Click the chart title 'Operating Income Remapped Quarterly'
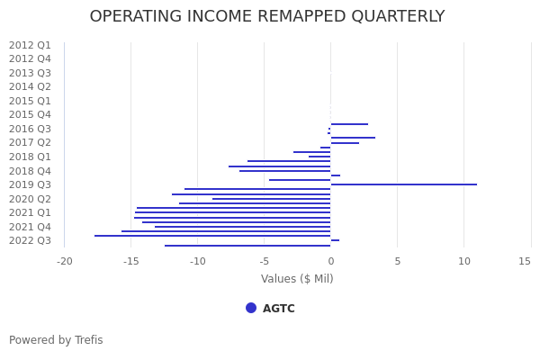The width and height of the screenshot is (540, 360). click(x=267, y=17)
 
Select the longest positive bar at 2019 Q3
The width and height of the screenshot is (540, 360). click(x=403, y=184)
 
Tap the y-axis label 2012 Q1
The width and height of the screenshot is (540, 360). click(x=30, y=45)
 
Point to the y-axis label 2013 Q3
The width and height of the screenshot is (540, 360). click(x=30, y=73)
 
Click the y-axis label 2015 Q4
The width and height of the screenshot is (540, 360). click(x=30, y=114)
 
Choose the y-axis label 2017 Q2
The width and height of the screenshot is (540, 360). click(x=30, y=142)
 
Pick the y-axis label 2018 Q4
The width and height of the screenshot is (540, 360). click(x=30, y=171)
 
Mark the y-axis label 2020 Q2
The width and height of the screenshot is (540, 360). click(x=30, y=199)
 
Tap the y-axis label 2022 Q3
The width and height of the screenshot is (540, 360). click(x=30, y=240)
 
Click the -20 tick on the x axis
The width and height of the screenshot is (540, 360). click(x=65, y=261)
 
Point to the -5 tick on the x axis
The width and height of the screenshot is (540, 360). click(x=265, y=261)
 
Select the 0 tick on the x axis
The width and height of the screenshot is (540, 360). click(x=330, y=261)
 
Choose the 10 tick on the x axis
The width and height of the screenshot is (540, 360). click(x=464, y=261)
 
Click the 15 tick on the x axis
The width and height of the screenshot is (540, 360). click(x=525, y=261)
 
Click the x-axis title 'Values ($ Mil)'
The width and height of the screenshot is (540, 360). click(x=297, y=279)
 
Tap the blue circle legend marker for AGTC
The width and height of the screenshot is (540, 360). click(x=251, y=308)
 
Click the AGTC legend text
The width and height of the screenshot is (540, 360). click(x=279, y=309)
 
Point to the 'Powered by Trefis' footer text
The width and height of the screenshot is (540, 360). click(x=56, y=340)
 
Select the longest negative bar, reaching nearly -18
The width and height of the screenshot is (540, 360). click(x=212, y=236)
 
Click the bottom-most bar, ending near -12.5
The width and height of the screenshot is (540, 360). click(x=247, y=246)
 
